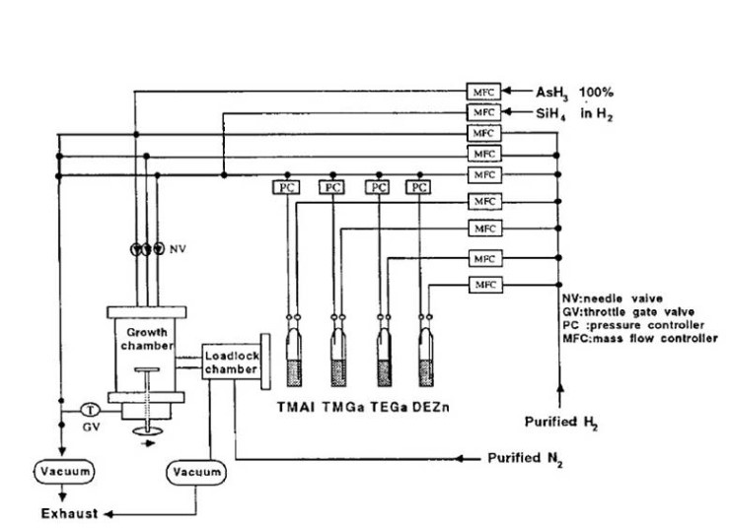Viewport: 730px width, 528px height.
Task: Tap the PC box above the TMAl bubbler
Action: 284,186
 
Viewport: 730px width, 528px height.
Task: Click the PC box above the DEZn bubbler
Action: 420,186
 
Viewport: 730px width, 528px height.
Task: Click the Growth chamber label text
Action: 146,339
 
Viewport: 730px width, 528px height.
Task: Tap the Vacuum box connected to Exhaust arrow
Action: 65,472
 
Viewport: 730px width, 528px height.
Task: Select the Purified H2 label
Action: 563,423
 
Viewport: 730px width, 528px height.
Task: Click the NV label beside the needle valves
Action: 178,248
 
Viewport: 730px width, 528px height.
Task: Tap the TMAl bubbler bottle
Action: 291,354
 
